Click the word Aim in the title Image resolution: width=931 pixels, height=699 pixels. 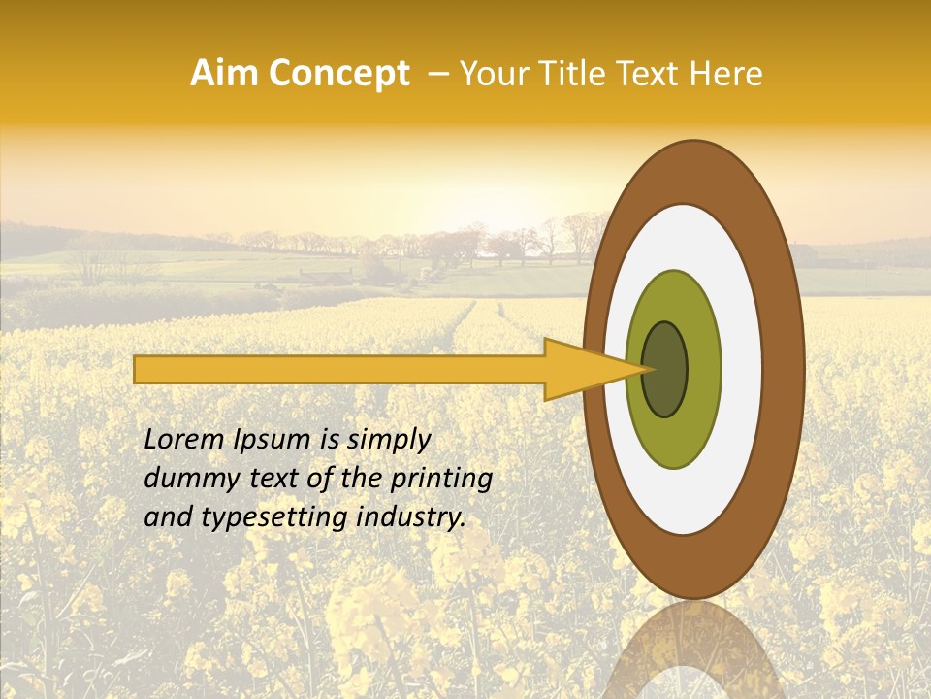221,74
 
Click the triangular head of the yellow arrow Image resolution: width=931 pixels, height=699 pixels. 582,369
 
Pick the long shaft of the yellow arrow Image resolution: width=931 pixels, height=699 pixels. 339,369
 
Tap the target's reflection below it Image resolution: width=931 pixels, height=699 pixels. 693,650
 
